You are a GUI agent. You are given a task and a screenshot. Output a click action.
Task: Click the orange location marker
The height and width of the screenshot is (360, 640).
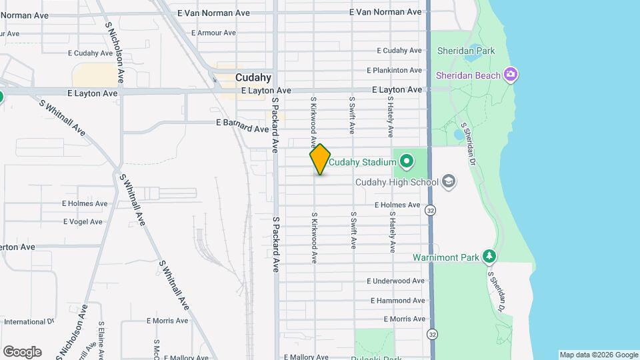pos(320,159)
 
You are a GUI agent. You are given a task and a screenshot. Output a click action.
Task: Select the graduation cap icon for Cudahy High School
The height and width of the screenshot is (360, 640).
pos(449,181)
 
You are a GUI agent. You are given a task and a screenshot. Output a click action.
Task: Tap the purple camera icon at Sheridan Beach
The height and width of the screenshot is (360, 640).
pos(511,74)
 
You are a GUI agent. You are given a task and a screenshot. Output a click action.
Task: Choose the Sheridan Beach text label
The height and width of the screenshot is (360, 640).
pos(468,75)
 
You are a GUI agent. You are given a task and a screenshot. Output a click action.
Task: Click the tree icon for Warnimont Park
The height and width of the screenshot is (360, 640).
pos(490,256)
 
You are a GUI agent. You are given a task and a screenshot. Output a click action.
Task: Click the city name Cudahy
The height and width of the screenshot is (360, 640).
pos(253,77)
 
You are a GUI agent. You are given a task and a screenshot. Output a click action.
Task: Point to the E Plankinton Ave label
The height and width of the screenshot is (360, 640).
pos(395,70)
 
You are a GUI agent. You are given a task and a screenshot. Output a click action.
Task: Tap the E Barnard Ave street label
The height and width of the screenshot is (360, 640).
pos(241,125)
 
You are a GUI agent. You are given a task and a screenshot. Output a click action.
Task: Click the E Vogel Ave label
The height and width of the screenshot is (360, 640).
pos(83,221)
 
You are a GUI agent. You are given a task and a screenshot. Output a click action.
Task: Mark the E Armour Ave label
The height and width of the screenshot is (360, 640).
pos(213,33)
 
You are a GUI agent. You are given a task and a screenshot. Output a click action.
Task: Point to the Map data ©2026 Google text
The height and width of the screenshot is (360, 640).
pos(599,355)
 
